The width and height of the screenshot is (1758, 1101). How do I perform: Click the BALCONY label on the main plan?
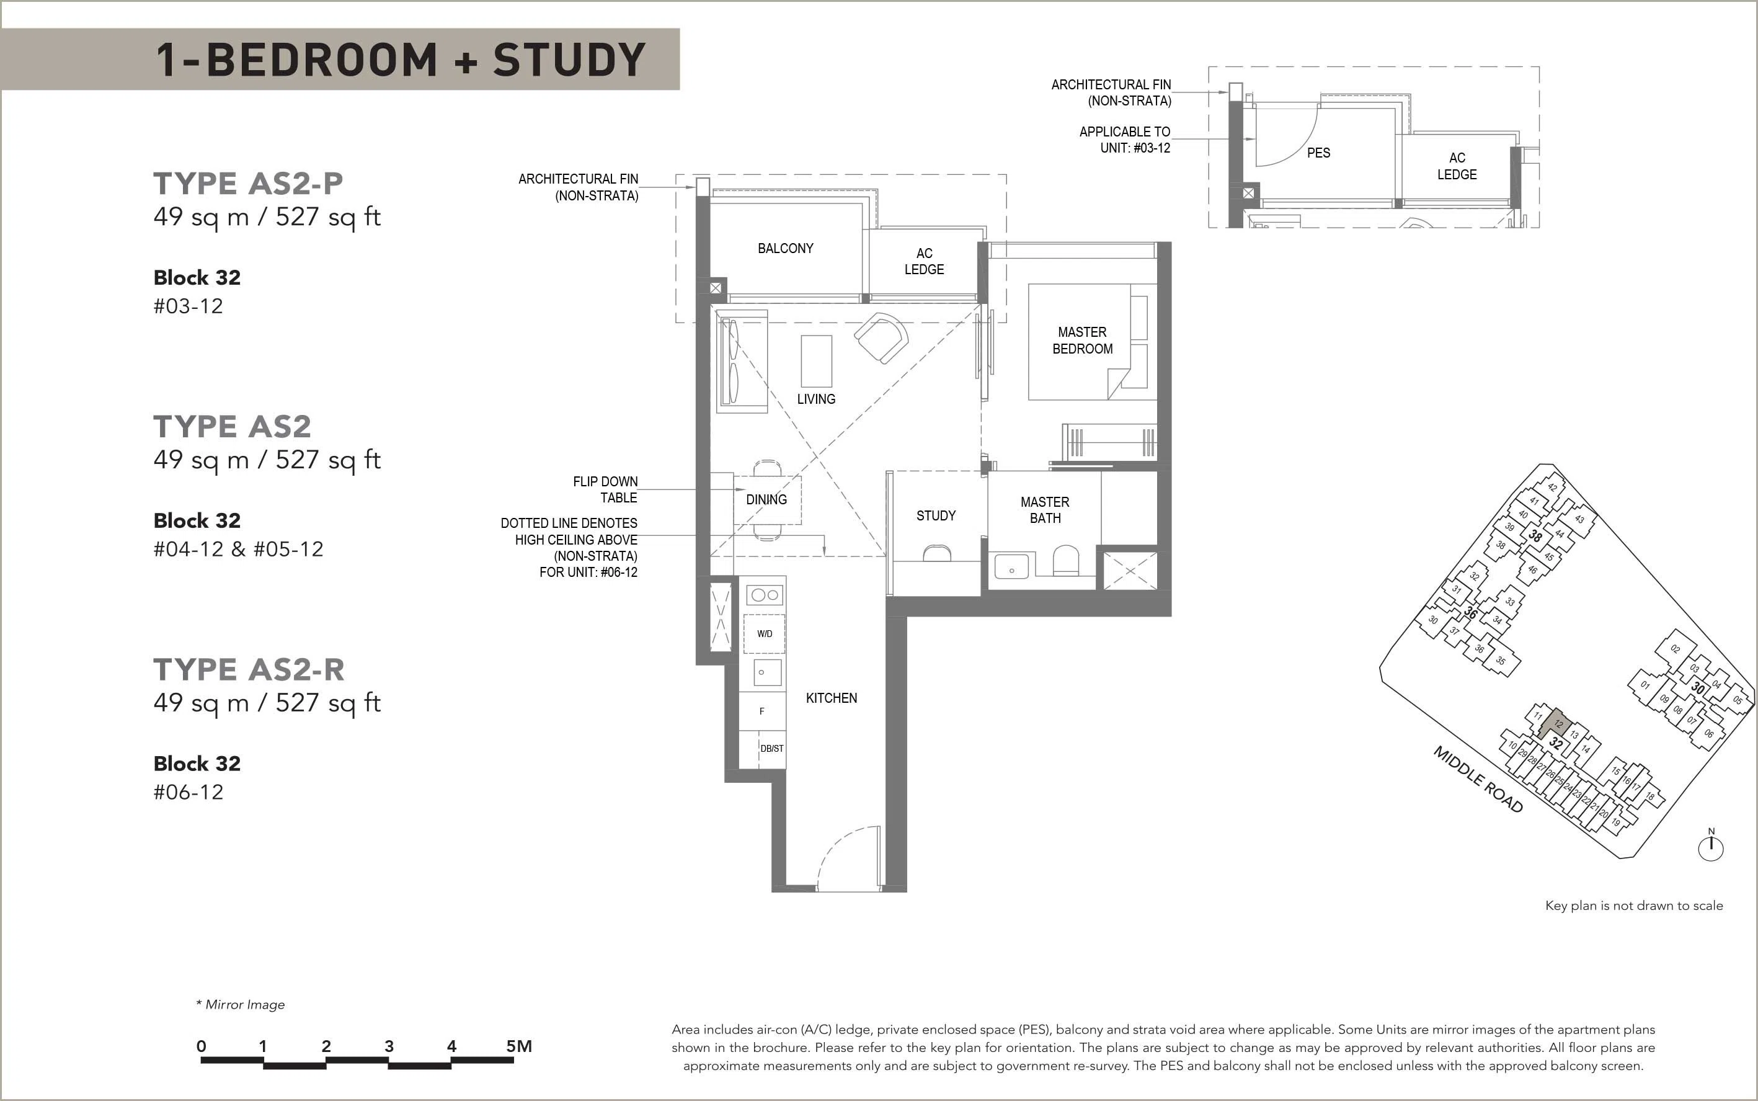coord(786,248)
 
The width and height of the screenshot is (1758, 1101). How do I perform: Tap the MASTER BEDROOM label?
coord(1083,340)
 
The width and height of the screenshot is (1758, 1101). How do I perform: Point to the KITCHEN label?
coord(832,698)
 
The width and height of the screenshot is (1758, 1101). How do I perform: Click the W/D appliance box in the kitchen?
coord(765,633)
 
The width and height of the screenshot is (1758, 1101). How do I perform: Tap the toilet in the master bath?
coord(1066,559)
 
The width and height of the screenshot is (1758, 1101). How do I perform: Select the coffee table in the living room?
coord(816,361)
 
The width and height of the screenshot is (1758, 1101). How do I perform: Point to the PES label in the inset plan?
coord(1318,153)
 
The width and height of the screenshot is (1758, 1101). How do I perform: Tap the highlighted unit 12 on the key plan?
coord(1557,723)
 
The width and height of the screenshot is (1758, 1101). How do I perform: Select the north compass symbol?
coord(1711,845)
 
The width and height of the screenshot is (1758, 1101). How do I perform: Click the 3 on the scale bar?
coord(389,1046)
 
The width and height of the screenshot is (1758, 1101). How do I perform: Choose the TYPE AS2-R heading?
coord(249,669)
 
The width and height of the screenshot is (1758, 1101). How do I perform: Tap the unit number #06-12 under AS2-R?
coord(188,791)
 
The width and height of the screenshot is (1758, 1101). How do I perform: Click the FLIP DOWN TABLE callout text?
coord(605,489)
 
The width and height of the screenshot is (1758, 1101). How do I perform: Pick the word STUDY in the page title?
coord(569,60)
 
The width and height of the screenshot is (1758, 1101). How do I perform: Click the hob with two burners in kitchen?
coord(765,595)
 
